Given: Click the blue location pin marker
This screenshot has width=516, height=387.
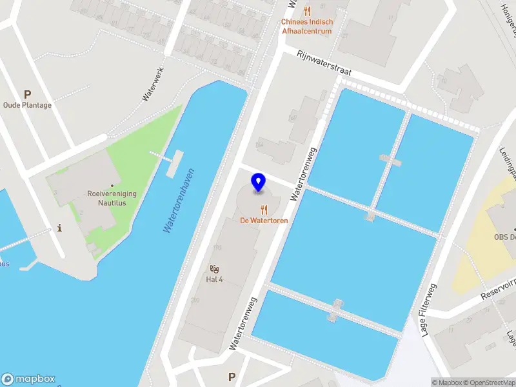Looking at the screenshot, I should tap(259, 182).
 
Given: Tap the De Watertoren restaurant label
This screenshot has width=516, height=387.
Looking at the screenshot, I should tap(264, 221).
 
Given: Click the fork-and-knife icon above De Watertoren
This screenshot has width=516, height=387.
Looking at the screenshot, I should tap(264, 210).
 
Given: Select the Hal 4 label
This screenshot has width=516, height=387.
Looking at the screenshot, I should tap(214, 279).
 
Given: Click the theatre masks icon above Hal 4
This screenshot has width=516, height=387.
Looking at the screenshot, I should tap(214, 268).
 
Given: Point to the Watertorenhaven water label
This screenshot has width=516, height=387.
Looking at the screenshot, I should tap(179, 201).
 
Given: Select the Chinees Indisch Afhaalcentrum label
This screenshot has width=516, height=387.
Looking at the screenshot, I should tap(306, 26).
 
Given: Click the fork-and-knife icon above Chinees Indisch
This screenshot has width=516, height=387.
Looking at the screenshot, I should tap(306, 11).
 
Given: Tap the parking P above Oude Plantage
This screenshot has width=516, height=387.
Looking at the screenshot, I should tap(27, 94).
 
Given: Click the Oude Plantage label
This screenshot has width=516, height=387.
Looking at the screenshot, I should tap(27, 105).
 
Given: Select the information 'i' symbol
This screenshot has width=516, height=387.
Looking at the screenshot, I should tap(60, 228).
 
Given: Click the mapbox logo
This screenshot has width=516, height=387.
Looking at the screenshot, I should tap(28, 379).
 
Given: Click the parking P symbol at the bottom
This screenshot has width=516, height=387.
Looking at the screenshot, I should tap(232, 377).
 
